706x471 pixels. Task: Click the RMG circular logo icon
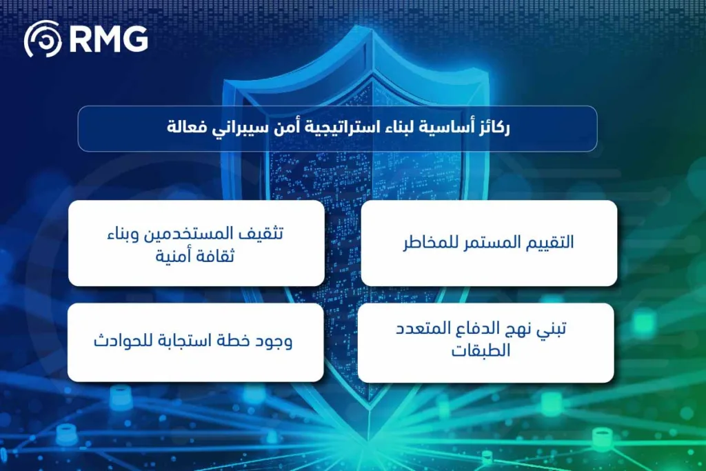43,39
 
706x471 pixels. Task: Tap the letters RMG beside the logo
108,39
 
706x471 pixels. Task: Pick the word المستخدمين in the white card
196,233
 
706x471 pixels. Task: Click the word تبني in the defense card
552,329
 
